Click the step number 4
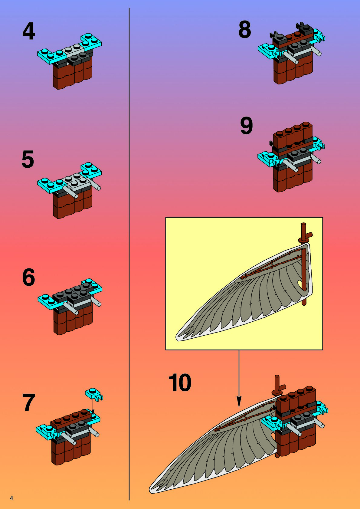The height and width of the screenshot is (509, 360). (x=29, y=31)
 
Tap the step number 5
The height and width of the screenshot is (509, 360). (x=28, y=159)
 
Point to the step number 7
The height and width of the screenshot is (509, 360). (x=29, y=402)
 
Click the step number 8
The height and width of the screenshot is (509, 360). (x=245, y=30)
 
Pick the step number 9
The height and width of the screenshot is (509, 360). (x=246, y=126)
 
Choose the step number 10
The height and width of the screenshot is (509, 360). (x=180, y=383)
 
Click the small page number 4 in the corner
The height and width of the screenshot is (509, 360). (x=11, y=498)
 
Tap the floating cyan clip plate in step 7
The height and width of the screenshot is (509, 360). (x=94, y=394)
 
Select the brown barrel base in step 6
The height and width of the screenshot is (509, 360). (x=73, y=321)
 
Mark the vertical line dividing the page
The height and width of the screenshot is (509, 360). (x=129, y=254)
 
